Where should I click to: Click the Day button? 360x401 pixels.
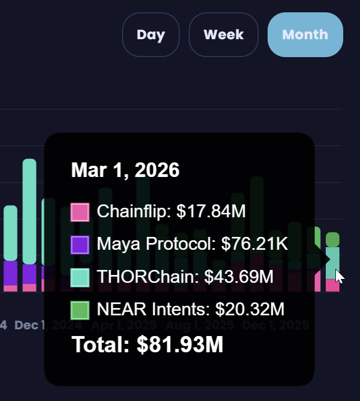click(151, 35)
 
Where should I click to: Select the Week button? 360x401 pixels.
click(223, 35)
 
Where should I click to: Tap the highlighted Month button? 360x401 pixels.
click(305, 35)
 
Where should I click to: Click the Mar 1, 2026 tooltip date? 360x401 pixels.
click(125, 170)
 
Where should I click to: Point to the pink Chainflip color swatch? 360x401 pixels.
click(80, 213)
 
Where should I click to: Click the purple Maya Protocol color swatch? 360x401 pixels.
click(80, 245)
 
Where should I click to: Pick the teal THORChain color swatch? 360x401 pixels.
click(80, 277)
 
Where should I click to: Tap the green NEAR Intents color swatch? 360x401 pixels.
click(80, 310)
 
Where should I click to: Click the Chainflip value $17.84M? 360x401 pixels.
click(211, 212)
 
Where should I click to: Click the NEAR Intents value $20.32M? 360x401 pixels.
click(250, 309)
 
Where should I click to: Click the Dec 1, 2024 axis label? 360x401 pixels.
click(41, 325)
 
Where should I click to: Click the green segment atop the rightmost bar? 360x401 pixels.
click(333, 240)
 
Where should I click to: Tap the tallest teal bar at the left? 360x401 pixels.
click(29, 210)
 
